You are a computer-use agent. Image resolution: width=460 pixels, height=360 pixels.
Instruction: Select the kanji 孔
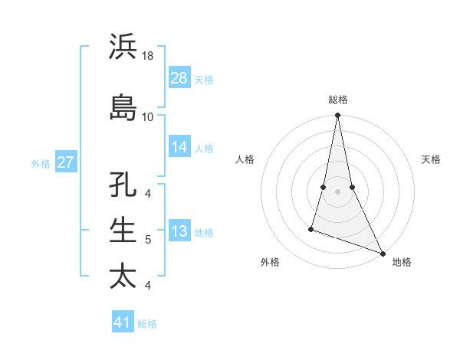click(123, 186)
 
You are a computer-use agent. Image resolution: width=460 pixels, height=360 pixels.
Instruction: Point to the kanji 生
click(123, 231)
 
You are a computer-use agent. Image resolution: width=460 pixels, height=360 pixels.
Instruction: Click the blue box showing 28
click(179, 78)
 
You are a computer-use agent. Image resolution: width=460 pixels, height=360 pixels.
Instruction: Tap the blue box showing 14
click(179, 147)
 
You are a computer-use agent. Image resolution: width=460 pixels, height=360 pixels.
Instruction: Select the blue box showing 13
click(179, 231)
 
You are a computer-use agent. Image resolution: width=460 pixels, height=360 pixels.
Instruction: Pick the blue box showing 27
click(66, 162)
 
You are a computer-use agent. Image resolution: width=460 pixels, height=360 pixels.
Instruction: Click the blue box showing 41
click(123, 322)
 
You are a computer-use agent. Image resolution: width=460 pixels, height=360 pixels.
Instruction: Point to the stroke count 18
click(148, 56)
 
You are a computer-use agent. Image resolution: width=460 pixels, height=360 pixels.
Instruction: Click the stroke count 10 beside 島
click(148, 116)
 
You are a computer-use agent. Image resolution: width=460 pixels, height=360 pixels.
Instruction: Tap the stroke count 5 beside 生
click(148, 240)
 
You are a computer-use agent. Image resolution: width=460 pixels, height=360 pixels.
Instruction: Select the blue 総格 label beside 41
click(147, 323)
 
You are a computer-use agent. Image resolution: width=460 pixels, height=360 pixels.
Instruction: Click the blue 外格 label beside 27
click(41, 163)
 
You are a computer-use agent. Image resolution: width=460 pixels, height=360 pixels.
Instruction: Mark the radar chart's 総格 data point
click(337, 115)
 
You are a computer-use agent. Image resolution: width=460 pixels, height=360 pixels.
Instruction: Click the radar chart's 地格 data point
click(383, 254)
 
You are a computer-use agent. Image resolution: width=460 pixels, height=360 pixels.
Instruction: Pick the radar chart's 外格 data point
click(311, 228)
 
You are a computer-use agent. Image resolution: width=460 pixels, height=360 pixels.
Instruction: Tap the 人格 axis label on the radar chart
click(245, 159)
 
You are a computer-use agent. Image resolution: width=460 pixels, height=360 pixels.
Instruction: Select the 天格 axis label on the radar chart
click(431, 159)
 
